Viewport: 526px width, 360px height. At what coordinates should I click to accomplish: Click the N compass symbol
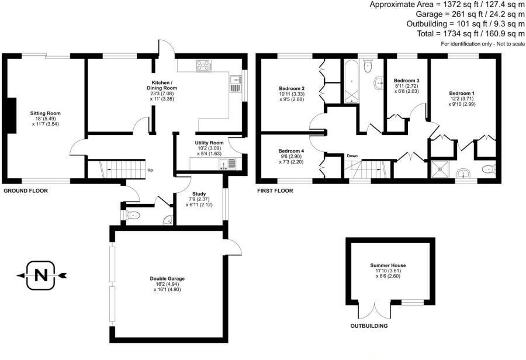(40, 275)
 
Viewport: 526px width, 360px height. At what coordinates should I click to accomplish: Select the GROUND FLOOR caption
(26, 191)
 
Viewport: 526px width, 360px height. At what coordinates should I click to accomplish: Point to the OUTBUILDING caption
(369, 326)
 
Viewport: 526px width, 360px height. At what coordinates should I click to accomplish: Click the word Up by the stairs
(150, 171)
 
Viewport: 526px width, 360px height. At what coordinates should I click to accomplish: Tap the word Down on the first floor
(352, 156)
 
